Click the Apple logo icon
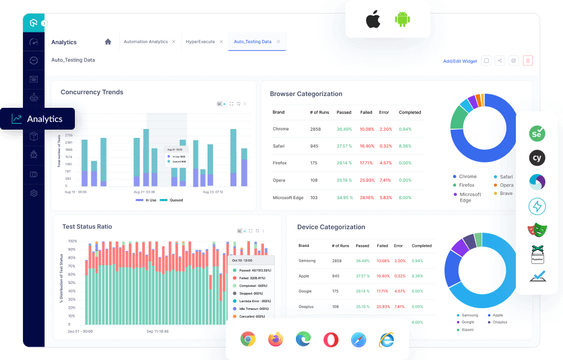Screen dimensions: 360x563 pos(373,19)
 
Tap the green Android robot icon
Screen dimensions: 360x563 pos(403,19)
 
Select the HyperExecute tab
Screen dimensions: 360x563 pos(200,42)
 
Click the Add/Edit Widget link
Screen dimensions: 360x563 pos(460,61)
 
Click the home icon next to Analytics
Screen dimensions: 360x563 pos(108,42)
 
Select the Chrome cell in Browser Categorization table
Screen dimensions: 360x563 pos(281,129)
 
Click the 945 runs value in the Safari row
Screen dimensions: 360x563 pos(314,146)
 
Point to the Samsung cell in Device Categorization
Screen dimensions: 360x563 pos(308,260)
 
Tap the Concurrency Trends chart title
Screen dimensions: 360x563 pos(92,92)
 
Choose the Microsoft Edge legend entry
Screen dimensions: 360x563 pos(470,197)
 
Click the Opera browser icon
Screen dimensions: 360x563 pos(331,339)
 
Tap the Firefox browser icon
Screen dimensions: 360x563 pos(275,339)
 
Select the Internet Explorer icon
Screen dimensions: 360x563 pos(386,339)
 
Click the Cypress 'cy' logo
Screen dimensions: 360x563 pos(536,158)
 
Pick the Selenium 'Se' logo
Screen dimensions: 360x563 pos(536,134)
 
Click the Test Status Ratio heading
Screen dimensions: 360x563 pos(87,226)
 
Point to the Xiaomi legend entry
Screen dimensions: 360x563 pos(468,329)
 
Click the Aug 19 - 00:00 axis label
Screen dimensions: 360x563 pos(76,192)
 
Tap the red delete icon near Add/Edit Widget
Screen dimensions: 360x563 pos(528,61)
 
